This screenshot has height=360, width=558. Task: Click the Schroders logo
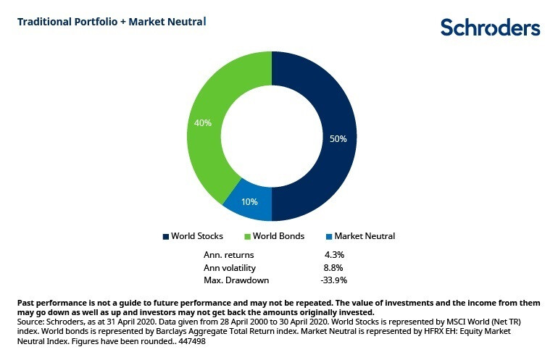coord(490,28)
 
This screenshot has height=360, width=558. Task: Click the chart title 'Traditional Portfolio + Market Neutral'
coord(112,22)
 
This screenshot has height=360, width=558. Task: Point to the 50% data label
coord(338,138)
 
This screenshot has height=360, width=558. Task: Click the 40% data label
coord(203,123)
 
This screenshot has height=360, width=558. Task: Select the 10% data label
coord(249,202)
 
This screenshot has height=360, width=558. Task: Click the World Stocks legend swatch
coord(165,236)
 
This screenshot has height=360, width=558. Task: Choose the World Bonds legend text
coord(278,236)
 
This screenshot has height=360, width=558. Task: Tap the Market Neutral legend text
coord(365,236)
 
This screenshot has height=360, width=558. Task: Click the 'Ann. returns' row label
coord(229,254)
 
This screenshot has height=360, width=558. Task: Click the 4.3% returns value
coord(334,254)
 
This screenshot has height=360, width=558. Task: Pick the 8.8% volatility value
coord(334,267)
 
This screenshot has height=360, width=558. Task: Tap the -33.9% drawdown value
coord(334,280)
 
